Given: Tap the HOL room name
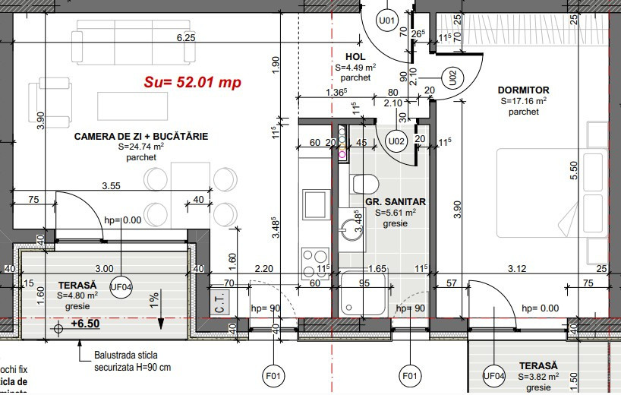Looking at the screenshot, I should [355, 57].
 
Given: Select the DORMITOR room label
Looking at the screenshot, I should [524, 90].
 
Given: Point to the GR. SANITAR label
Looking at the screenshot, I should [395, 202].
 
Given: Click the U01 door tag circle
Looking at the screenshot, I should [387, 21].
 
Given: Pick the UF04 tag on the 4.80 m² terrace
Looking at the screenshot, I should [121, 286].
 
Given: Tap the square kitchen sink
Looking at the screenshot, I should [314, 204].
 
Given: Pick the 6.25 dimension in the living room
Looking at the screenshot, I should [186, 37].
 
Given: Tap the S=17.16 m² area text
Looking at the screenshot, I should [524, 100].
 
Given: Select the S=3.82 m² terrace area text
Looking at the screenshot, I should [538, 377].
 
